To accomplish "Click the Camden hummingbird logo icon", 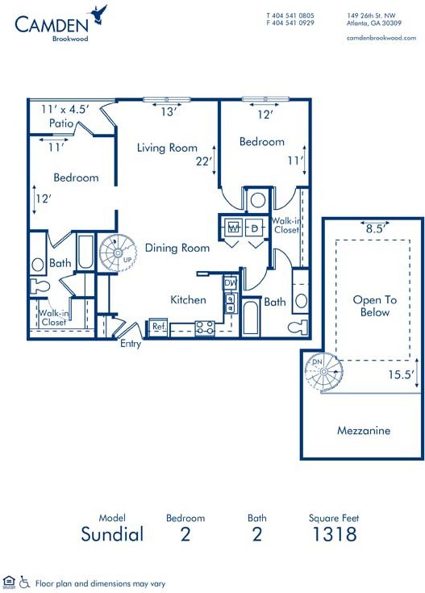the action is click(98, 15).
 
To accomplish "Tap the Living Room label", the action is click(167, 148).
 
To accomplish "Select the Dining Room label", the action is click(177, 248).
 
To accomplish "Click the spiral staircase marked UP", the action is click(118, 253).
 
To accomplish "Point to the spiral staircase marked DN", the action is click(324, 372).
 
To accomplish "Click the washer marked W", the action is click(234, 228).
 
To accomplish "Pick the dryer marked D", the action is click(255, 228).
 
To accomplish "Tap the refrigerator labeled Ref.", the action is click(158, 327).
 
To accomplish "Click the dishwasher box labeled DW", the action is click(231, 282).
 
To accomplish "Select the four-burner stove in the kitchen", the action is click(205, 328).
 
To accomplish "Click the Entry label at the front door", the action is click(131, 344).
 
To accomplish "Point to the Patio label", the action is click(61, 123).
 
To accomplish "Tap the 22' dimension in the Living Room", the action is click(203, 161).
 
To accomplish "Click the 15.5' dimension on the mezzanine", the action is click(401, 374).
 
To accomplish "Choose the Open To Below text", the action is click(375, 306).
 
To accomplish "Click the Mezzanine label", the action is click(364, 430).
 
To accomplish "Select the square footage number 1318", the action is click(335, 534).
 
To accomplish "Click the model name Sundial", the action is click(112, 534).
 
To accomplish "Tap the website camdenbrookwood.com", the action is click(381, 38).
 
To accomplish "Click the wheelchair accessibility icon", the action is click(24, 582).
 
